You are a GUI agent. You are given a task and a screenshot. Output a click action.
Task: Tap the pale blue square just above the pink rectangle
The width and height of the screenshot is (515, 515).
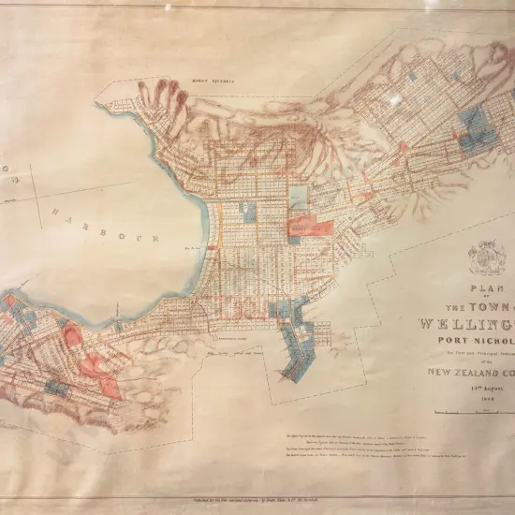click(x=299, y=198)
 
